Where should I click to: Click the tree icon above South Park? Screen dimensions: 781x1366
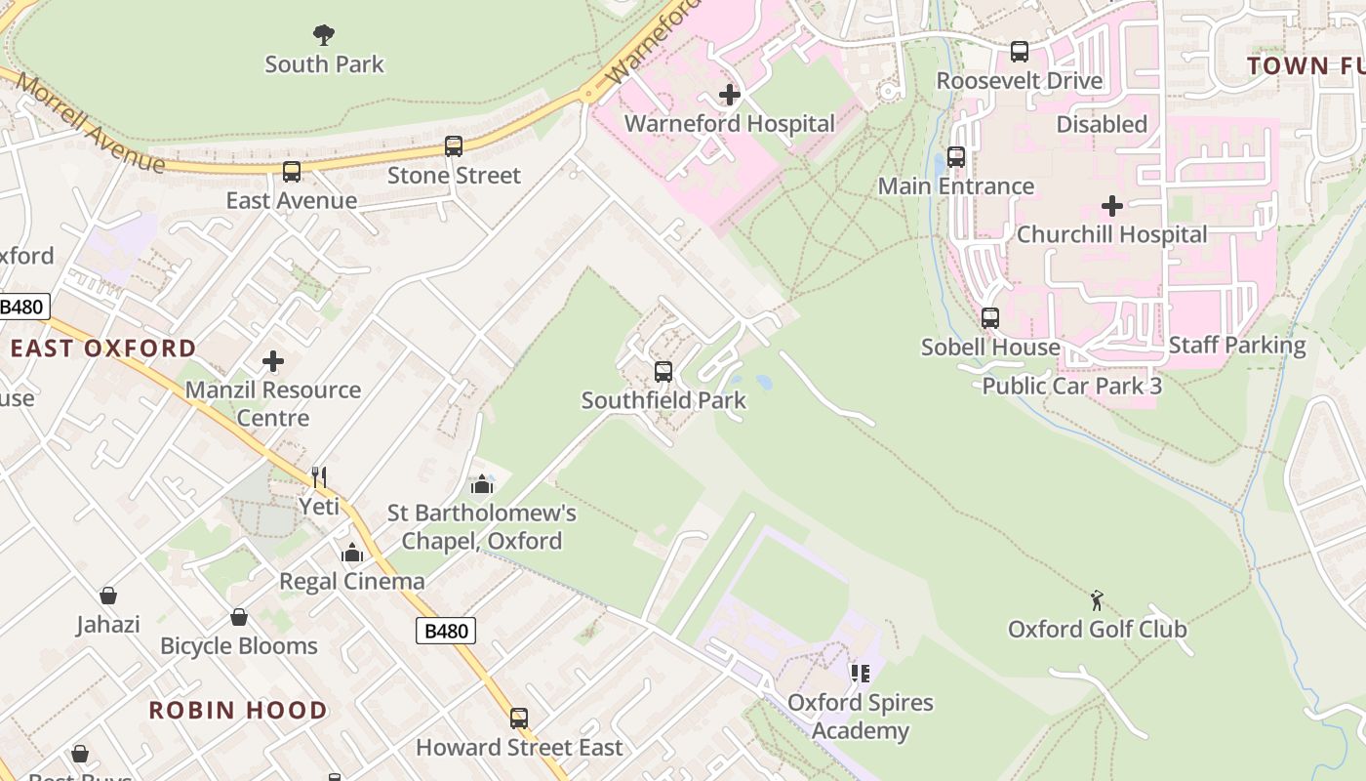[x=324, y=36]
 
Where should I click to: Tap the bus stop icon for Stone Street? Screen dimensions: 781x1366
[x=454, y=146]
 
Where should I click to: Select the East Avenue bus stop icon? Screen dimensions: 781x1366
[x=292, y=172]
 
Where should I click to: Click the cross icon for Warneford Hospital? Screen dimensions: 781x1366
[x=729, y=95]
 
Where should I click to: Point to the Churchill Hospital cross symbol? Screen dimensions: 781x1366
[x=1111, y=206]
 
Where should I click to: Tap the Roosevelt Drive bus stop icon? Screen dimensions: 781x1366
[x=1020, y=52]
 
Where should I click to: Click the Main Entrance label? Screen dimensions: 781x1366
[x=955, y=185]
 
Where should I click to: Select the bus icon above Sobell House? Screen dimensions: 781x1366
[x=990, y=318]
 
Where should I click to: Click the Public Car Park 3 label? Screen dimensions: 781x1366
[x=1071, y=386]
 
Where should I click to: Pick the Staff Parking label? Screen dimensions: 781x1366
[x=1236, y=345]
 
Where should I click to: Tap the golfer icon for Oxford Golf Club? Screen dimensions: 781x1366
[x=1097, y=600]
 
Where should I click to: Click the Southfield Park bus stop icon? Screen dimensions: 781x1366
[x=663, y=372]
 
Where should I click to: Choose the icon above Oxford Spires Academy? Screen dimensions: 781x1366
[x=860, y=674]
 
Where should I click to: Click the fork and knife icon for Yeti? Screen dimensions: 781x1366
[x=318, y=476]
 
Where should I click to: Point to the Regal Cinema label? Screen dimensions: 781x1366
[x=351, y=581]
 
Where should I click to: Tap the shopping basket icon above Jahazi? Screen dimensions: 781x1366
[x=108, y=596]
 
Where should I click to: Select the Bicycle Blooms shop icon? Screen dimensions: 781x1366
[x=238, y=617]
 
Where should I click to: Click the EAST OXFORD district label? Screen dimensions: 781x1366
[x=103, y=349]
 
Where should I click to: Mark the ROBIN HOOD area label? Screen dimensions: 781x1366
[x=237, y=710]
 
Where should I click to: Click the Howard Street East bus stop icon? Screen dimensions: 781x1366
[x=519, y=719]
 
